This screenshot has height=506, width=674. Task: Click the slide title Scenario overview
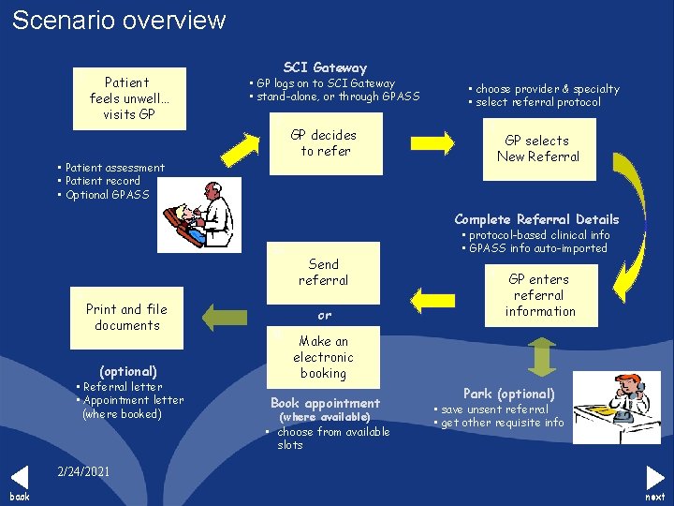coord(119,20)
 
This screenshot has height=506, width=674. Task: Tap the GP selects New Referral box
coord(538,148)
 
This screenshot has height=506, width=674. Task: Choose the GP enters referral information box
coord(539,295)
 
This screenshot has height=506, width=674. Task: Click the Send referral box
coord(323,273)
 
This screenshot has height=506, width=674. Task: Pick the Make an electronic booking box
coord(323,357)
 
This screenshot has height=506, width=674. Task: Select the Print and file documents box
coord(126,317)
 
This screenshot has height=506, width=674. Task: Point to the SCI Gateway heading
coord(325,67)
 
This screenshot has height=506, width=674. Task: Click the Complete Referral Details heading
coord(536,219)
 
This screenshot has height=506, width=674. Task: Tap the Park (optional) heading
coord(509,394)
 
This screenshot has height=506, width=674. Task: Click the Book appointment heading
coord(325,403)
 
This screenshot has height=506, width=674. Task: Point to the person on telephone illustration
coord(609,406)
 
